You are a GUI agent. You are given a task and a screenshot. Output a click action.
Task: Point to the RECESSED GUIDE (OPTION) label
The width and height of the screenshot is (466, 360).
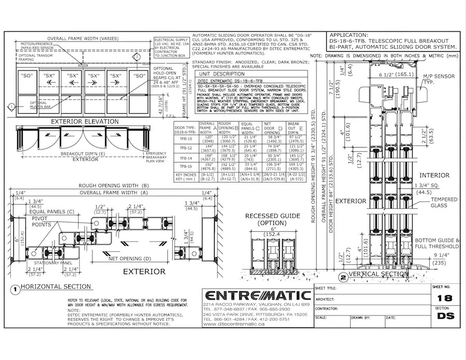pos(269,219)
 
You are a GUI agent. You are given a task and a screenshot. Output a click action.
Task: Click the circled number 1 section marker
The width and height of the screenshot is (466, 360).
pos(16,290)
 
